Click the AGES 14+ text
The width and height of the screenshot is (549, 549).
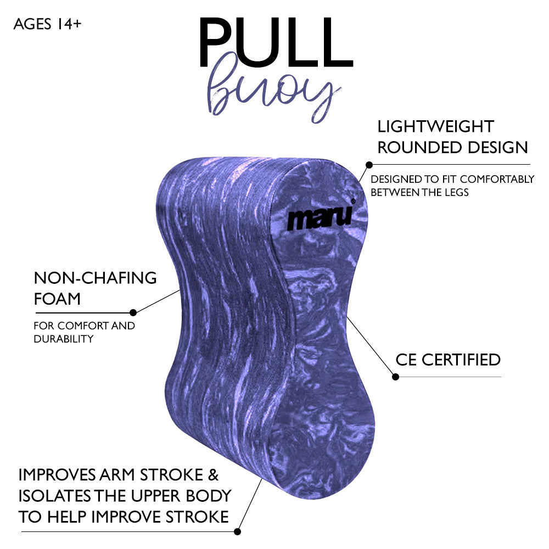coord(47,24)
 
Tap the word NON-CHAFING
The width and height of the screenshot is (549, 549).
coord(95,278)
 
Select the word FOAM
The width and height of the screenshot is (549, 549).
coord(57,299)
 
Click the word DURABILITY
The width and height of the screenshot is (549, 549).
coord(63,339)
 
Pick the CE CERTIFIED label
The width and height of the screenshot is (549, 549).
coord(448,360)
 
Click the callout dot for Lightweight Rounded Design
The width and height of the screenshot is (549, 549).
coord(369,164)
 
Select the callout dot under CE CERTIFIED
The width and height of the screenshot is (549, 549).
coord(395,377)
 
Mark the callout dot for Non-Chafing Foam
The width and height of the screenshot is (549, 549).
coord(132,312)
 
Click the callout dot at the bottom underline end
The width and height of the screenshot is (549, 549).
coord(237,531)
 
